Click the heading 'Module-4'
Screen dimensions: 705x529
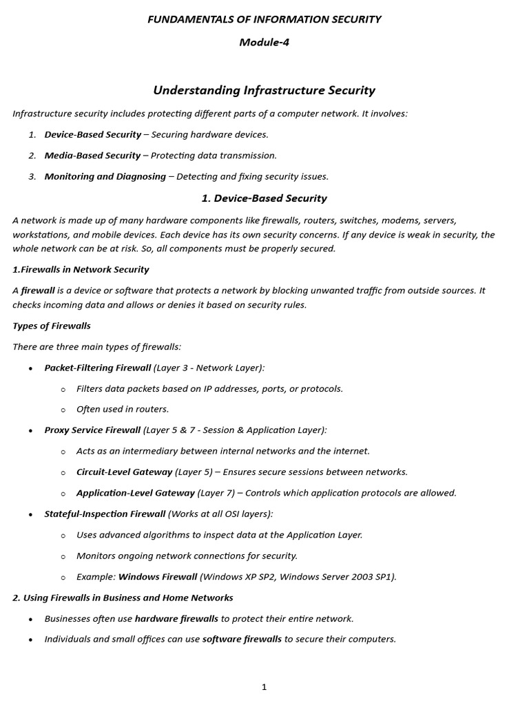264,43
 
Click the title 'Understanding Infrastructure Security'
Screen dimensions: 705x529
264,90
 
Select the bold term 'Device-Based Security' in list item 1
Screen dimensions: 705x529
92,135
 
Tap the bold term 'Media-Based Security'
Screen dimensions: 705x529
92,156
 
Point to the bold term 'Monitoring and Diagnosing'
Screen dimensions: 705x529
105,177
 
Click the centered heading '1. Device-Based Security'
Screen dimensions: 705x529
264,198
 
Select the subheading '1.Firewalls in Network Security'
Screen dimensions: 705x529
81,269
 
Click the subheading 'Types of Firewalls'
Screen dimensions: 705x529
52,326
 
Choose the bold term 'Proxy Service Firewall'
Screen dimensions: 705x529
92,430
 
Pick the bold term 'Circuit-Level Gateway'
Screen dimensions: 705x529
124,472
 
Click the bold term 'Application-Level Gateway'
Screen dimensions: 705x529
135,493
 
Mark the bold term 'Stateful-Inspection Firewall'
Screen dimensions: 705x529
105,514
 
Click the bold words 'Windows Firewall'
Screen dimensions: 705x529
158,577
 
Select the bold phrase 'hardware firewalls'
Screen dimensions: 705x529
176,619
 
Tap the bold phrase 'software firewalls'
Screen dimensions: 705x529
242,640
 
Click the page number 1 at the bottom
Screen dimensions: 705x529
264,687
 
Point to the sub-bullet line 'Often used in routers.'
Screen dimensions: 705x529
123,410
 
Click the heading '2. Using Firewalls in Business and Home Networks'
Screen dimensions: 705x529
123,598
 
